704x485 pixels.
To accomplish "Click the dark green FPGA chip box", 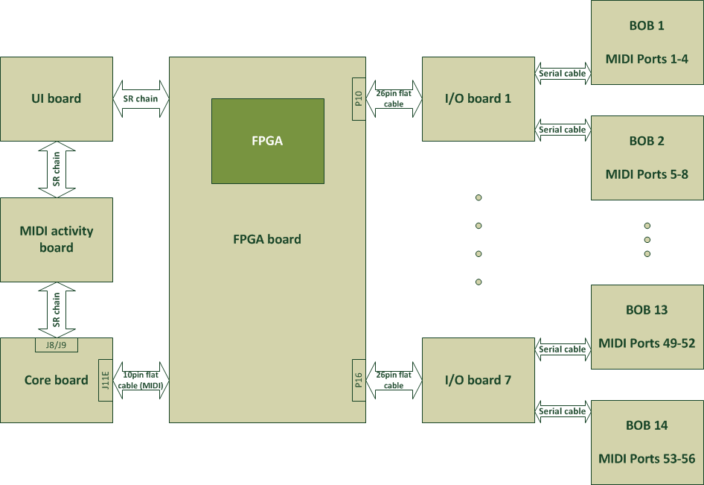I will (267, 141).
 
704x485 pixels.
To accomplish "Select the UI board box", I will (57, 98).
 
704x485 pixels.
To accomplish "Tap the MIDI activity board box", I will (57, 239).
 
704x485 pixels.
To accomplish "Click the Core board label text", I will (56, 380).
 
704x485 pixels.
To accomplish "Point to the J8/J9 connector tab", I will (57, 345).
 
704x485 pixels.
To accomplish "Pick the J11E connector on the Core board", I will (105, 380).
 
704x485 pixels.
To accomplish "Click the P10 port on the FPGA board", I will (358, 98).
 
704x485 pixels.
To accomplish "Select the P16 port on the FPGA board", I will (358, 380).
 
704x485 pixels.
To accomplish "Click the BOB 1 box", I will (647, 42).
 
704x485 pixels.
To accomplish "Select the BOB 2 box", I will (647, 157).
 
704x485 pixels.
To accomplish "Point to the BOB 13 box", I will (647, 326).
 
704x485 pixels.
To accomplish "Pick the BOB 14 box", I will (647, 442).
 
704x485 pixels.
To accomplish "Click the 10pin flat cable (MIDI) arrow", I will (141, 380).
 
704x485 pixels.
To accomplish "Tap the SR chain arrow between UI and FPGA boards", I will (141, 98).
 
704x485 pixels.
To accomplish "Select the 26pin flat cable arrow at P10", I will (394, 98).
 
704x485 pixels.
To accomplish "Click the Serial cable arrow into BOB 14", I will (563, 411).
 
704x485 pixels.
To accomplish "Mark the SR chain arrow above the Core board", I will (57, 310).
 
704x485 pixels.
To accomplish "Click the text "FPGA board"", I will (267, 239).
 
